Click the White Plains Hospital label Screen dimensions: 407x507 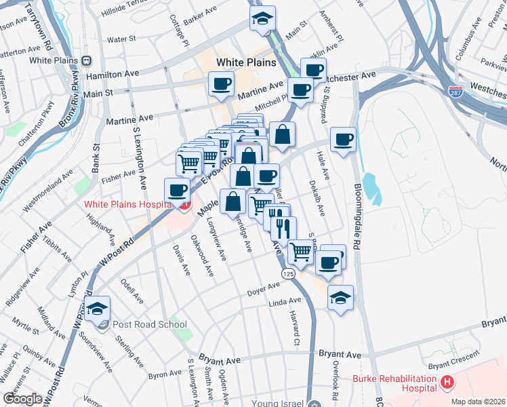(x=125, y=204)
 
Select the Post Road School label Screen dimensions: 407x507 (x=149, y=324)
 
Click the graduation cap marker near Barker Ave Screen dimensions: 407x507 (x=261, y=20)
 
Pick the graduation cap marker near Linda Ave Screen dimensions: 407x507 (x=340, y=297)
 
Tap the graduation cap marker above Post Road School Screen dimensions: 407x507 (x=98, y=308)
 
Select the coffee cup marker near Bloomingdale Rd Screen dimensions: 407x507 (x=344, y=140)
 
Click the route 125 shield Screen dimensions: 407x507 (x=287, y=272)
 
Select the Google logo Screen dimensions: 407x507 (x=23, y=400)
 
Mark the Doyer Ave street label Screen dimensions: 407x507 (x=264, y=292)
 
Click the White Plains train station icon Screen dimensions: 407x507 (x=86, y=60)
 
